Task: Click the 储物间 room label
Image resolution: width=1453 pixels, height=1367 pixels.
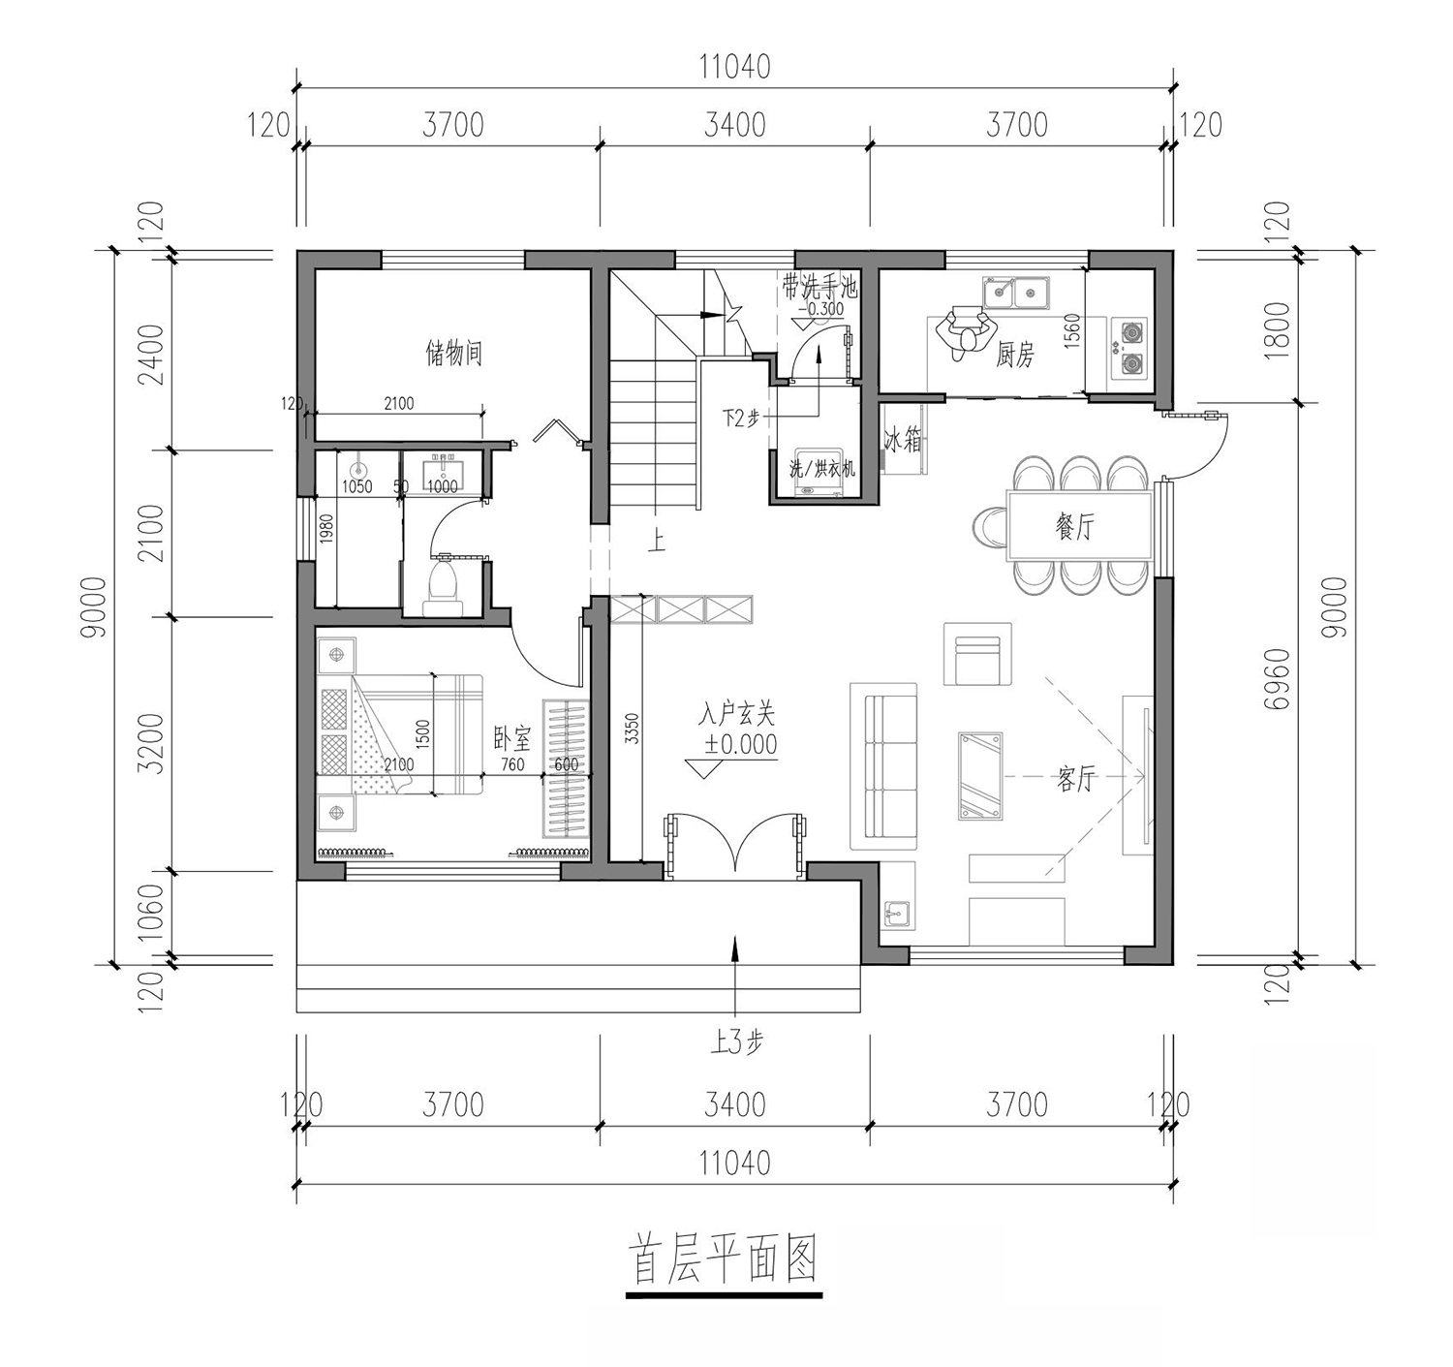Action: pyautogui.click(x=454, y=353)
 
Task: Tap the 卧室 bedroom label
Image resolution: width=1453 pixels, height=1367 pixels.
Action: pyautogui.click(x=511, y=740)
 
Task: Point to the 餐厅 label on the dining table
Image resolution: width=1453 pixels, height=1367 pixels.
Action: pyautogui.click(x=1074, y=525)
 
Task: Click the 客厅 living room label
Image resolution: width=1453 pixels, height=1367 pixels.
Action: pyautogui.click(x=1075, y=779)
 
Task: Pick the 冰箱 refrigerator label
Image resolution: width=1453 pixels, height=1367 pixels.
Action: pyautogui.click(x=902, y=441)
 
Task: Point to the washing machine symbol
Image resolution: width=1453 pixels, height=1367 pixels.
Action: pyautogui.click(x=820, y=470)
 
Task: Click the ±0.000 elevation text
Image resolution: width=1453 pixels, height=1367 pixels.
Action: pyautogui.click(x=740, y=744)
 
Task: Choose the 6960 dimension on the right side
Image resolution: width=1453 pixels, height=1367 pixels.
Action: pyautogui.click(x=1275, y=679)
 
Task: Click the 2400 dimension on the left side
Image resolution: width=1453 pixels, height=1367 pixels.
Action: pyautogui.click(x=155, y=356)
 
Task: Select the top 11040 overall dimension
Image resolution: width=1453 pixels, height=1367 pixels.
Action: pyautogui.click(x=734, y=67)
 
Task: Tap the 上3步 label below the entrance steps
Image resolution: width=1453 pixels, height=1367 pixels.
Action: pyautogui.click(x=736, y=1041)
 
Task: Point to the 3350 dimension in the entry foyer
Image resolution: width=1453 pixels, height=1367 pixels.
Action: pyautogui.click(x=633, y=729)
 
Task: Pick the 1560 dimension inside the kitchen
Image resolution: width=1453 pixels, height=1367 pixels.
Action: pyautogui.click(x=1072, y=330)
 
